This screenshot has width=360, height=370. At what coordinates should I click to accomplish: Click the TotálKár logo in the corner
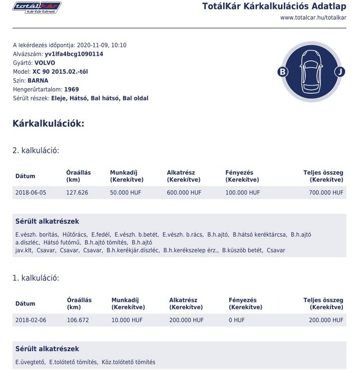[x=37, y=7]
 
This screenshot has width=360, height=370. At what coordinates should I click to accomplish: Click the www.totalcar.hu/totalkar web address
[x=313, y=18]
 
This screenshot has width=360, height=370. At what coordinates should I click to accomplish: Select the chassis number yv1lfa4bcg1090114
[x=74, y=54]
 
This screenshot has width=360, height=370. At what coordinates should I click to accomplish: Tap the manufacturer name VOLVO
[x=45, y=63]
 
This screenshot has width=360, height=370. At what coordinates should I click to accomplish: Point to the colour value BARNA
[x=38, y=81]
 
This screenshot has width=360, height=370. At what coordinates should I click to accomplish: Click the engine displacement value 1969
[x=71, y=90]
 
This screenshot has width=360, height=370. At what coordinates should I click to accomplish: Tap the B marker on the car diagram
[x=283, y=72]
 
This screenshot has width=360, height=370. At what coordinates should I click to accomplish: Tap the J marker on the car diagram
[x=339, y=72]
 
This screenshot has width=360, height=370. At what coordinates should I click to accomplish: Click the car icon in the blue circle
[x=311, y=72]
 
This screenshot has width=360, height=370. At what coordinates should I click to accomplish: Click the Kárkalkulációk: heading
[x=49, y=124]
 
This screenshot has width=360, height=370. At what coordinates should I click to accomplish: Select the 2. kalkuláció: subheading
[x=36, y=150]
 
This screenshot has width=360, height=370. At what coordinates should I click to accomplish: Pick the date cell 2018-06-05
[x=31, y=192]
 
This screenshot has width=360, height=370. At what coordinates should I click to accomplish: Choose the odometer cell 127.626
[x=77, y=192]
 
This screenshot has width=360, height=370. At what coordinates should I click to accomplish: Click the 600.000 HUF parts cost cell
[x=184, y=192]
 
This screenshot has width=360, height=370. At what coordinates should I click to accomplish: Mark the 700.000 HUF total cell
[x=326, y=192]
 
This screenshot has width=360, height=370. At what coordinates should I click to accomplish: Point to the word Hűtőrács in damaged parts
[x=75, y=234]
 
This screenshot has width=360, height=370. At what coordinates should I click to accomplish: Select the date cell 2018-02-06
[x=31, y=320]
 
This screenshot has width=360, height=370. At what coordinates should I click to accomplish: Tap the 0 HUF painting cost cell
[x=237, y=320]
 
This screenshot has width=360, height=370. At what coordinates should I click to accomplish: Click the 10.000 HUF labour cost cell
[x=127, y=320]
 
